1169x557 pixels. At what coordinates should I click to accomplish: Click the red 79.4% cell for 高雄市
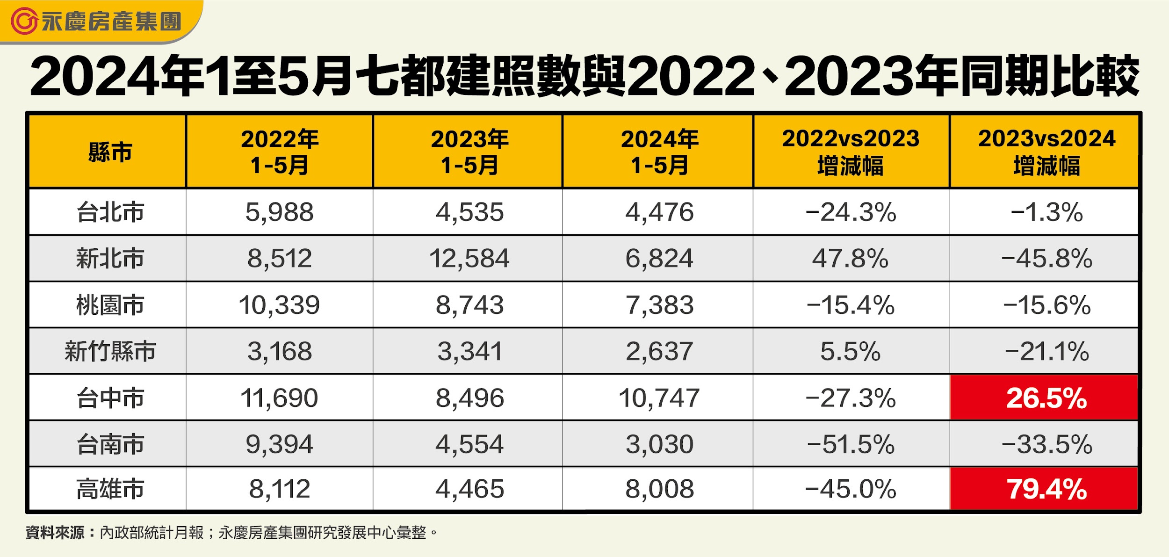coord(1046,489)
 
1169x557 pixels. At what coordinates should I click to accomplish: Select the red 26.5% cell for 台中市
coord(1046,398)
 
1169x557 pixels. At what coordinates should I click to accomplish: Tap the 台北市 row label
coord(110,212)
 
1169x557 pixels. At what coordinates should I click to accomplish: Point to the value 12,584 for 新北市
coord(469,258)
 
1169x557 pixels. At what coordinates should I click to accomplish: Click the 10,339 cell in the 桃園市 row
coord(279,305)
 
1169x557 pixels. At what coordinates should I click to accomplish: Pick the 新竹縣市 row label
coord(110,351)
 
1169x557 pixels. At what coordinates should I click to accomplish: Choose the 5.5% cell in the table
coord(850,351)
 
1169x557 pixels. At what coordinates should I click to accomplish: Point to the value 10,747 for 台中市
coord(659,398)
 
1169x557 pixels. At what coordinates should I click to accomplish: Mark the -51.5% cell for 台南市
coord(850,444)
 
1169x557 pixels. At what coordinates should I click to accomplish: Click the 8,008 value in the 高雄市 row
coord(659,489)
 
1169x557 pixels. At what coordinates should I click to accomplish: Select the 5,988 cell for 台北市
coord(279,212)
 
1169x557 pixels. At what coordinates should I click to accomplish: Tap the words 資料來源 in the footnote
coord(55,533)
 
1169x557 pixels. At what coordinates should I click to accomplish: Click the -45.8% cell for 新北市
coord(1046,258)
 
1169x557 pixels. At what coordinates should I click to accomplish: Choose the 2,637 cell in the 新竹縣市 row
coord(659,351)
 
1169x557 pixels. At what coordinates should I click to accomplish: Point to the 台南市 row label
coord(110,444)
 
